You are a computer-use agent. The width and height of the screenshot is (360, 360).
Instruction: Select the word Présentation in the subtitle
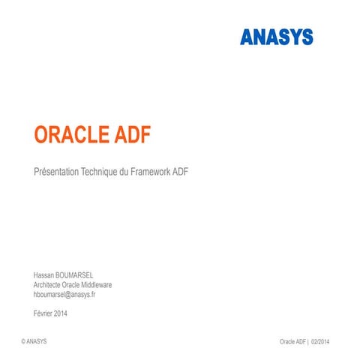[58, 172]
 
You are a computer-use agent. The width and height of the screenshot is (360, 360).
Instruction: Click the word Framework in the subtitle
[151, 172]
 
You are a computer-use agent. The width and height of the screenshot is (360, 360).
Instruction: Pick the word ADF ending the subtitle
[181, 172]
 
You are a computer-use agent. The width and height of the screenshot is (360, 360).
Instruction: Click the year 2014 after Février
[61, 313]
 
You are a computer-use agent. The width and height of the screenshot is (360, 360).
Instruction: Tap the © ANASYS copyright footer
[36, 341]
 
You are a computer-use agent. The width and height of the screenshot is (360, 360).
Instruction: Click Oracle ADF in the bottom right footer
[292, 341]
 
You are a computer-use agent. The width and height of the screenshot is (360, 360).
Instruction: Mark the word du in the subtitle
[124, 172]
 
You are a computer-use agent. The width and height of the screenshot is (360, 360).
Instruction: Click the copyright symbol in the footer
[24, 341]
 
